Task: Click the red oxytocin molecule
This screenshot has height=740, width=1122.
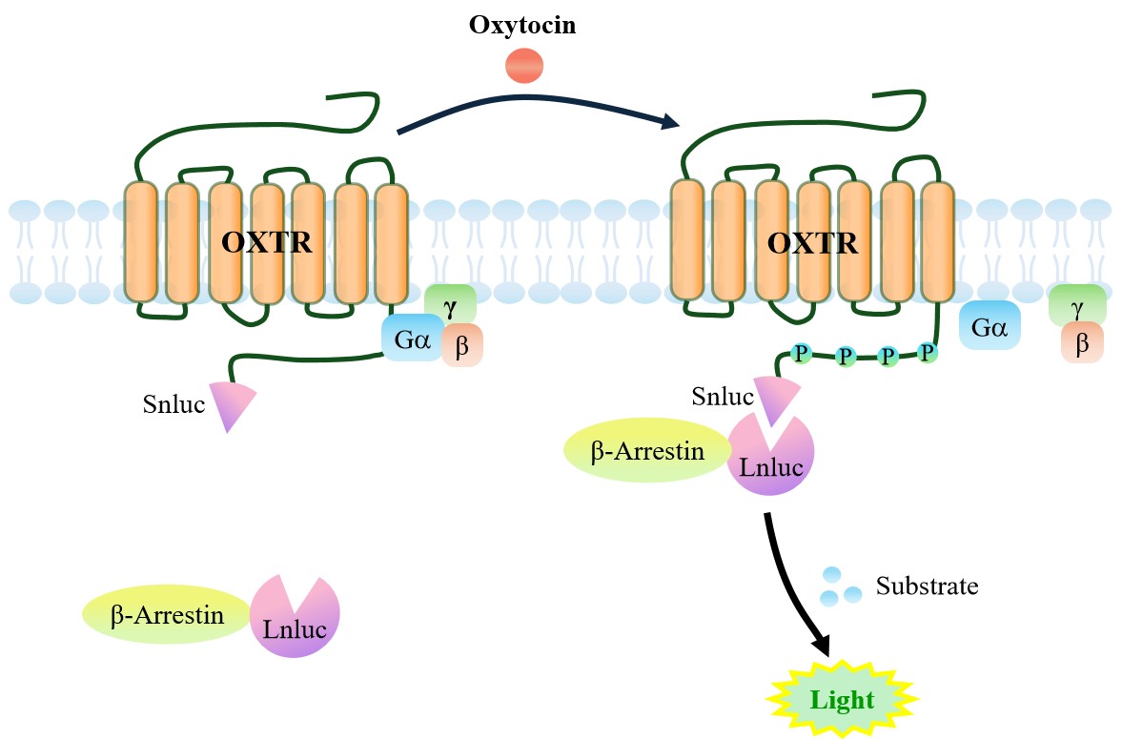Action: click(x=523, y=66)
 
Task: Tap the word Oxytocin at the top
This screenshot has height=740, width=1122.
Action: click(x=522, y=24)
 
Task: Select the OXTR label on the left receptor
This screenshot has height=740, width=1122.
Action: click(x=266, y=242)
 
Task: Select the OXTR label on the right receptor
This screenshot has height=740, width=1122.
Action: click(x=812, y=242)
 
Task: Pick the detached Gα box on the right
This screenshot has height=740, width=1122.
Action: click(x=989, y=325)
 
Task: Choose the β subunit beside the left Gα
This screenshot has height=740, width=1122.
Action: click(x=462, y=346)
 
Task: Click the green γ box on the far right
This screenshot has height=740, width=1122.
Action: click(x=1077, y=305)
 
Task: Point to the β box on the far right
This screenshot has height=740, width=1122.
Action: click(x=1082, y=343)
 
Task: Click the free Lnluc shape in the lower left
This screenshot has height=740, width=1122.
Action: click(x=295, y=620)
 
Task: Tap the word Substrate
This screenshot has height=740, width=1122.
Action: click(x=927, y=586)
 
